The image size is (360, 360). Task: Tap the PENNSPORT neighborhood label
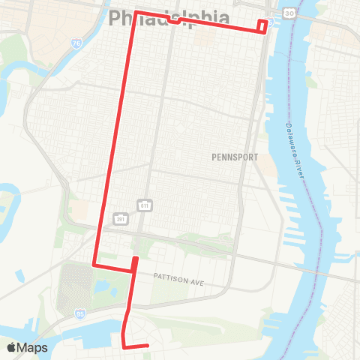(234, 157)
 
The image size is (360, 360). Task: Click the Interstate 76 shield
(79, 45)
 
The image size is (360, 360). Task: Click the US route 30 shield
(289, 13)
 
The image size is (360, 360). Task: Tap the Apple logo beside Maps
(11, 347)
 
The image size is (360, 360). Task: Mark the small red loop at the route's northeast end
(262, 26)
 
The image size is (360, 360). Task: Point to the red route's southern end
(148, 346)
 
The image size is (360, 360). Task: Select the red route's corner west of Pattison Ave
(93, 265)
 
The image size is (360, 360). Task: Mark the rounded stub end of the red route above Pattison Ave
(135, 259)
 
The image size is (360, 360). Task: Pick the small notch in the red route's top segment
(174, 20)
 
